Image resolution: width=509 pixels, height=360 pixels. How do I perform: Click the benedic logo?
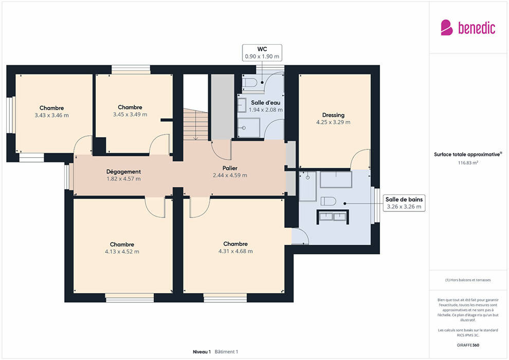(x=468, y=27)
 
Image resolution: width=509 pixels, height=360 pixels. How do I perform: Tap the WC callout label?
(x=262, y=52)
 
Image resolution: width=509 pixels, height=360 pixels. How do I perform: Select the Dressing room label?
(x=333, y=115)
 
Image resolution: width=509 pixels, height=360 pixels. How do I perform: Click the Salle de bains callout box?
(x=404, y=203)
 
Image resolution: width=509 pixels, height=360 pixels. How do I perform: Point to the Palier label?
(x=230, y=168)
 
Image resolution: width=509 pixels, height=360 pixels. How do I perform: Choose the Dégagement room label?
(x=124, y=172)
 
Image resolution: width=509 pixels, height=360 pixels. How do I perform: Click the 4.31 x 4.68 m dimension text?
(x=235, y=251)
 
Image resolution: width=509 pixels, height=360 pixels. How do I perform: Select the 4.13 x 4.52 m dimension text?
(x=122, y=251)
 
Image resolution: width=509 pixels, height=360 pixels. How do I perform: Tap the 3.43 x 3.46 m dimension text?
(x=51, y=115)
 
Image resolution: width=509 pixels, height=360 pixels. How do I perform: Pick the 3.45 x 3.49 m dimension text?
(x=130, y=115)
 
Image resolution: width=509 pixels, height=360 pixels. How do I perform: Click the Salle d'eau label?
(x=265, y=102)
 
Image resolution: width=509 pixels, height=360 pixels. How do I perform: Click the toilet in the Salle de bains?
(x=328, y=201)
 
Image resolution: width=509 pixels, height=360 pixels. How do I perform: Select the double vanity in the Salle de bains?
(x=333, y=217)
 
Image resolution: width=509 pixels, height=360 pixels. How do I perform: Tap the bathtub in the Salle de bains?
(x=336, y=179)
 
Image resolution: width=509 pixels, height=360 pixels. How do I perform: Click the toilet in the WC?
(x=250, y=82)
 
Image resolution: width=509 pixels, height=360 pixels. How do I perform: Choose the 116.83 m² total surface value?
(x=468, y=163)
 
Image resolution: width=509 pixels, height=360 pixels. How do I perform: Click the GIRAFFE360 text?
(x=468, y=345)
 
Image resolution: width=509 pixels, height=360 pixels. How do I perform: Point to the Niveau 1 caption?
(x=202, y=352)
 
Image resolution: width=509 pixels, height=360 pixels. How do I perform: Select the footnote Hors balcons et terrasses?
(x=468, y=280)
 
